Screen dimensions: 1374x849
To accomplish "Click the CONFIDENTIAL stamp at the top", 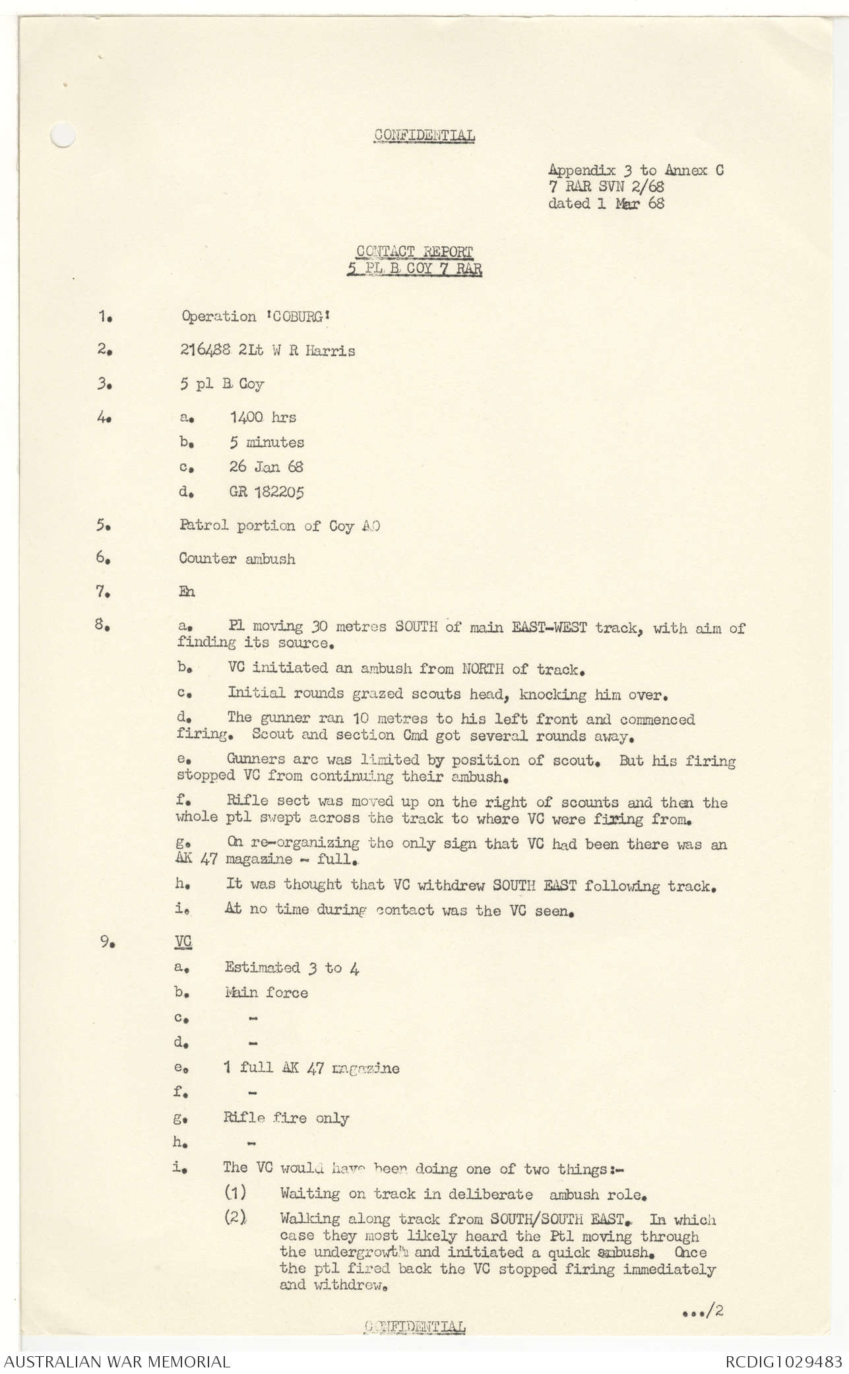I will [424, 136].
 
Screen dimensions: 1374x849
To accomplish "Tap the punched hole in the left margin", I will [64, 136].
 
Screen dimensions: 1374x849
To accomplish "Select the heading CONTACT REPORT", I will [414, 251].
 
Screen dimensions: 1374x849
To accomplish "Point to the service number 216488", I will [205, 350].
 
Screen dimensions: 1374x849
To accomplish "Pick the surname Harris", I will [329, 350].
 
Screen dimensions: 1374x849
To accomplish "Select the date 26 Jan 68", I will [267, 467].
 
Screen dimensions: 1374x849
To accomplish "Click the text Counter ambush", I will [237, 559].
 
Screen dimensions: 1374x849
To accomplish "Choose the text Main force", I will [267, 993].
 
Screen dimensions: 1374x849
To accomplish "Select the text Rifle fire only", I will [287, 1118].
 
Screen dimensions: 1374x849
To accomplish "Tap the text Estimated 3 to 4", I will [292, 968].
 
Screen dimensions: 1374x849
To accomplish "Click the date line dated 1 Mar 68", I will [606, 203].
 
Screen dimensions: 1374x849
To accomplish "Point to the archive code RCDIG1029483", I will [784, 1361].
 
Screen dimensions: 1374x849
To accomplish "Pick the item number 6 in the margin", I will [102, 558].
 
